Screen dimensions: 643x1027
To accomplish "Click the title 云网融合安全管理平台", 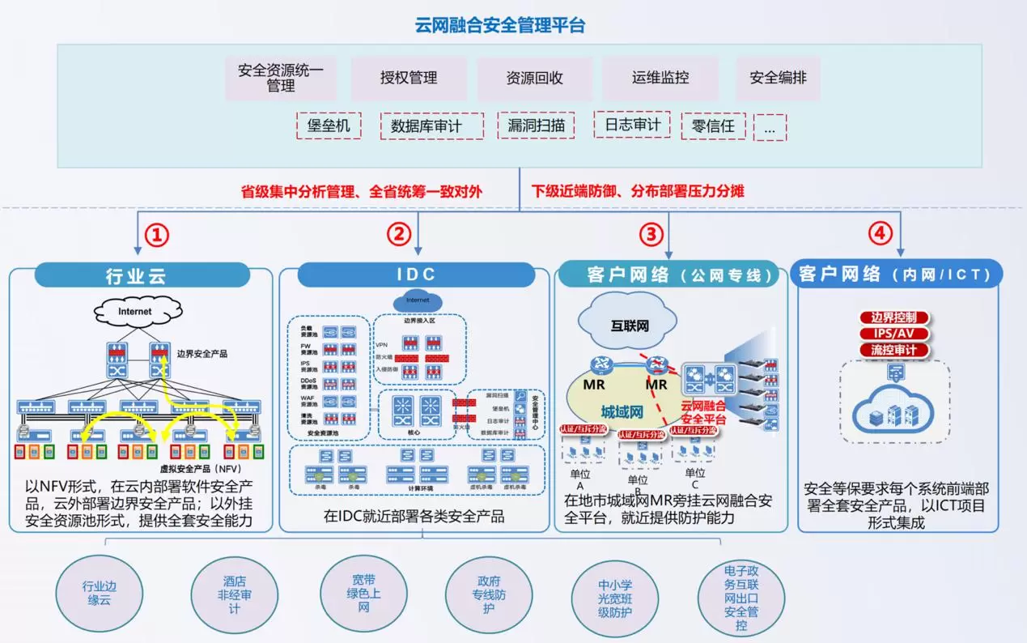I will pos(499,25).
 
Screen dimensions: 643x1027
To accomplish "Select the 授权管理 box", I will pos(409,79).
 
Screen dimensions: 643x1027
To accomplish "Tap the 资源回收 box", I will pos(534,79).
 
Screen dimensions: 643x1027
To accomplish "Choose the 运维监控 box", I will pos(660,79).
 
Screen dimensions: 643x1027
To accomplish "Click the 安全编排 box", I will pos(778,79).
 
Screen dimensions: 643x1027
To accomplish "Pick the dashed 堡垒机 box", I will pos(329,126).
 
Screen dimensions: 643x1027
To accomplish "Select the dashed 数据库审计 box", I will pos(431,126).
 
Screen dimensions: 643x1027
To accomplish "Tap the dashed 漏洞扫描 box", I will pos(536,126).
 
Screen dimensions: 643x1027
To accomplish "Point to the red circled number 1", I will pos(157,235).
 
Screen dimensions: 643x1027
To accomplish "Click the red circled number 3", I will pos(651,235).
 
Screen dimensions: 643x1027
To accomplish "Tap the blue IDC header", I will pos(416,275).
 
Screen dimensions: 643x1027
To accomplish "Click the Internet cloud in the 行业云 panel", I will pos(134,311).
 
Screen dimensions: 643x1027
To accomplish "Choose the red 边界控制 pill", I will pos(893,317).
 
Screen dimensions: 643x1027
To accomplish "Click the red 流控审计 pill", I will pos(893,351).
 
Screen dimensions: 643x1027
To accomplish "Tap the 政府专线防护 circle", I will pos(489,594).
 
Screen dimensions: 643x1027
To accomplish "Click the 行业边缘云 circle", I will pos(99,594).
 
